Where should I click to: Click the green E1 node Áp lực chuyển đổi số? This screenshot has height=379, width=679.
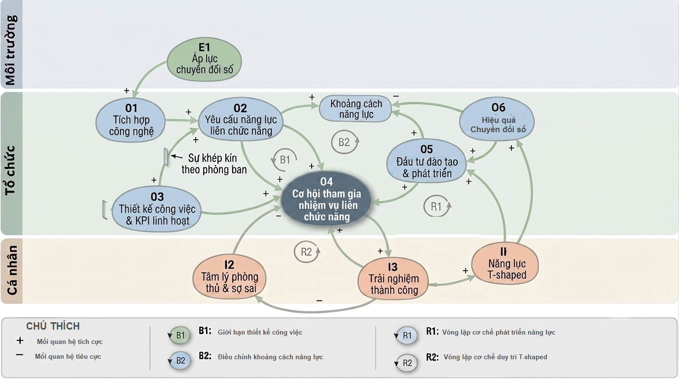(x=205, y=60)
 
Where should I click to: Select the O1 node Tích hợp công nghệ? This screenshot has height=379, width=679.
(x=131, y=120)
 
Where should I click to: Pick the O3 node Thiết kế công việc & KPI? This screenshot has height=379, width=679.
(x=156, y=209)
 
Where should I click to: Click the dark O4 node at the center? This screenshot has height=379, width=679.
(x=326, y=199)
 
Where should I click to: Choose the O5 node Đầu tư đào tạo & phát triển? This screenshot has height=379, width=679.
(x=427, y=161)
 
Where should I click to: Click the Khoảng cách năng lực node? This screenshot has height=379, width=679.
(x=356, y=109)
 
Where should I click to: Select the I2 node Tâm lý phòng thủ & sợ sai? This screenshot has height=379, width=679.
(x=229, y=277)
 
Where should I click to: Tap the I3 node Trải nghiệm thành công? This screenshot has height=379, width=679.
(x=393, y=278)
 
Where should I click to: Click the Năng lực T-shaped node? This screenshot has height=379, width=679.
(x=505, y=264)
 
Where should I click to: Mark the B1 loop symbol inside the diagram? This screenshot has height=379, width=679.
(x=285, y=160)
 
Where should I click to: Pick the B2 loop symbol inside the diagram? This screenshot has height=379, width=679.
(x=345, y=142)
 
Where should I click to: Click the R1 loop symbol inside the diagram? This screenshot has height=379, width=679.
(x=437, y=206)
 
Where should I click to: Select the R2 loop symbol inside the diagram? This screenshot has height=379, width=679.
(x=307, y=252)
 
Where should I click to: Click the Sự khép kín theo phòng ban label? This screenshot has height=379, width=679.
(x=214, y=163)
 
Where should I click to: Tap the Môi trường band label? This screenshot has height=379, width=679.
(x=11, y=50)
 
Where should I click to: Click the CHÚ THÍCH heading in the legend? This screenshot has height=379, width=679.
(x=53, y=326)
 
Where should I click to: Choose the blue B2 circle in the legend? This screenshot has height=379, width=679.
(x=180, y=360)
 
